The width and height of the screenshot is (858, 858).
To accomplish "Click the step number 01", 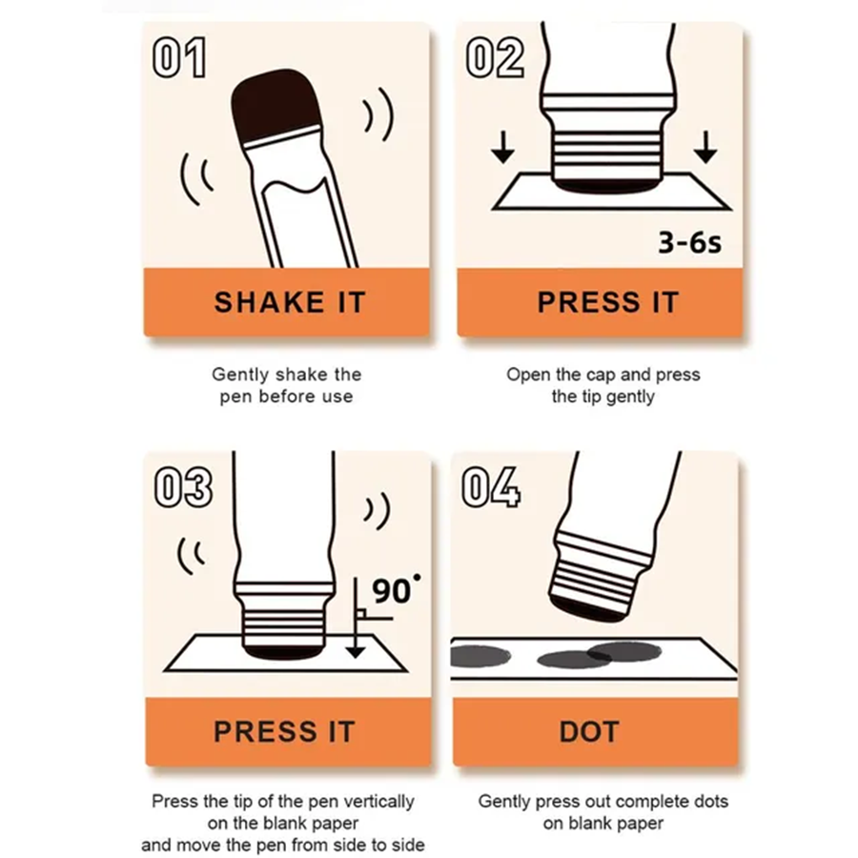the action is pos(179,57).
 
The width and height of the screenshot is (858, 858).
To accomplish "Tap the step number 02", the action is pos(495,57).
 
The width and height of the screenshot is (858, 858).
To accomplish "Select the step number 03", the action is pos(183,487).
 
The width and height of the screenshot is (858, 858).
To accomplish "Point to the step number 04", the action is pos(491,487).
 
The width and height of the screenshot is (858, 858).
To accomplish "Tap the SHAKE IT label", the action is pos(290,302).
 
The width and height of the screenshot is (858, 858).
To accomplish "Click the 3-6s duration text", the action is pos(689,242).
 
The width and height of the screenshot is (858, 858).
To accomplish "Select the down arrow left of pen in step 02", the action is pos(502,147).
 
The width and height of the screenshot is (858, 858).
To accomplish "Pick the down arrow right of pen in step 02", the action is pos(705,147).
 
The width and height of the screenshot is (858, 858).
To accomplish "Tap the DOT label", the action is pos(589,731).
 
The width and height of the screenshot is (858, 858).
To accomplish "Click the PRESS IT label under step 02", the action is pos(608,302).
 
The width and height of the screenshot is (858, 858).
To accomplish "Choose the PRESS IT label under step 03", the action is pos(284,731).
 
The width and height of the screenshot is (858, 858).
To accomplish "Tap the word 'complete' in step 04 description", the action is pos(639,802).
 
